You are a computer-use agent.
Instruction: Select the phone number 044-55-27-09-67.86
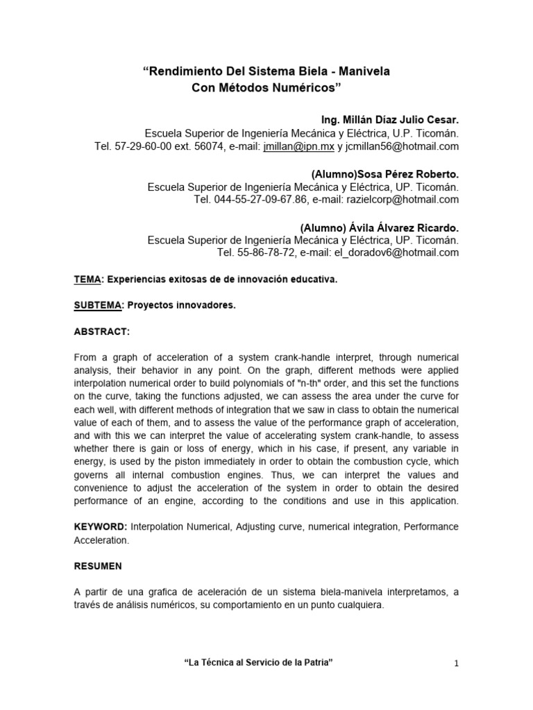(254, 200)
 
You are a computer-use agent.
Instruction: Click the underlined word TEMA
(87, 279)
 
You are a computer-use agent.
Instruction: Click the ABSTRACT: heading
(101, 332)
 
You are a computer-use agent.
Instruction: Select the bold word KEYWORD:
(101, 528)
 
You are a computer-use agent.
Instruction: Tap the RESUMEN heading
(98, 566)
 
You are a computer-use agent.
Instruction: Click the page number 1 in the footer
(457, 664)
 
